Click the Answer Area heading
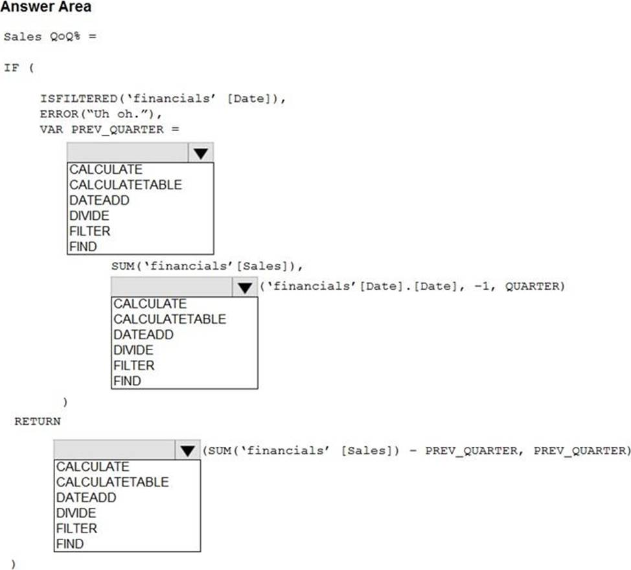(x=46, y=7)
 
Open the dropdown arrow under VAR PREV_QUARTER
(x=201, y=153)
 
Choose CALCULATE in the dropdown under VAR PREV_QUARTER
(x=106, y=169)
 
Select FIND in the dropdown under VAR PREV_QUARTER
(x=83, y=246)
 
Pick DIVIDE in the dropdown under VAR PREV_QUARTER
(x=89, y=215)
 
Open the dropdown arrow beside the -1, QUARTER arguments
(x=245, y=288)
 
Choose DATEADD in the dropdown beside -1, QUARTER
(x=143, y=335)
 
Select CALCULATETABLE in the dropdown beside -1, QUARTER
(x=170, y=319)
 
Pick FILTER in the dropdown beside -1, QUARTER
(x=134, y=366)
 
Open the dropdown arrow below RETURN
(x=188, y=451)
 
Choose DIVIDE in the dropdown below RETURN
(x=76, y=513)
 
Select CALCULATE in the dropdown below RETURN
(x=93, y=466)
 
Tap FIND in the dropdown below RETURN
(x=70, y=544)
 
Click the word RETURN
(x=38, y=422)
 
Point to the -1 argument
(x=481, y=287)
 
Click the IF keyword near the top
(x=12, y=67)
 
